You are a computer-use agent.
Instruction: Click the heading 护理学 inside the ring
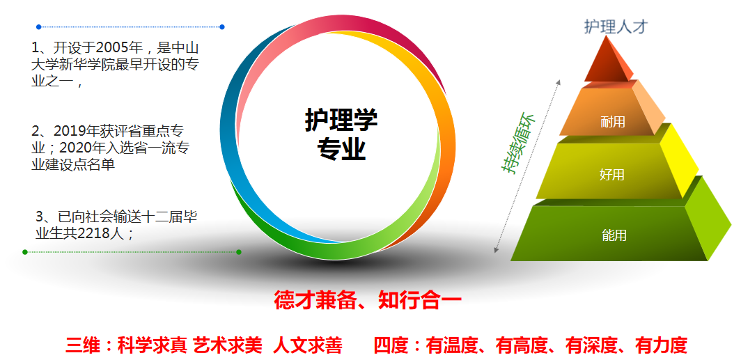[341, 120]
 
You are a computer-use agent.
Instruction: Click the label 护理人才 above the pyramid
[616, 27]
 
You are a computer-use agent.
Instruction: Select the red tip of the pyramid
[607, 61]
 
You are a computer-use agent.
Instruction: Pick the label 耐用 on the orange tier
[612, 122]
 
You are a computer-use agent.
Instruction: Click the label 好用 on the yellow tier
[612, 175]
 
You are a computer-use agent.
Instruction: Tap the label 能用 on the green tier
[614, 235]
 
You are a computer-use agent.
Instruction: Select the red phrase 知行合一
[420, 301]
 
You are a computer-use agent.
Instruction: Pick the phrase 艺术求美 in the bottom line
[228, 346]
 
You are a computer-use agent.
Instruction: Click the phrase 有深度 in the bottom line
[592, 346]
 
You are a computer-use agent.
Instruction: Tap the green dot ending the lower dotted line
[239, 252]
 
